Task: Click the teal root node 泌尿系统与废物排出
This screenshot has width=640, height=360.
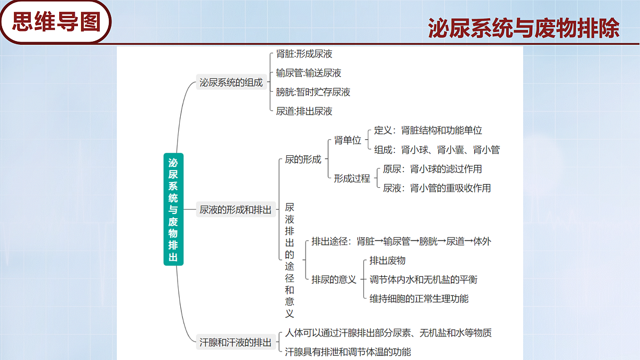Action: point(173,209)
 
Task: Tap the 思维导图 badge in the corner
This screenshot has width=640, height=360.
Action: point(55,22)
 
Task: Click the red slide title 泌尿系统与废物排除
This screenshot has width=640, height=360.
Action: point(524,28)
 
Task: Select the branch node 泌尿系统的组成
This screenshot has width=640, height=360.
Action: point(231,82)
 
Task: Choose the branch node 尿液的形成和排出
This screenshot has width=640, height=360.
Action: point(235,210)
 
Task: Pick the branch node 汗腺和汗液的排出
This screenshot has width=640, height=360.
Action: point(235,342)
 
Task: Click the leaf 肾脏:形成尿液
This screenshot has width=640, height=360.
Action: point(304,54)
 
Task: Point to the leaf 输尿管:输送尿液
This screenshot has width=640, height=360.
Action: point(309,73)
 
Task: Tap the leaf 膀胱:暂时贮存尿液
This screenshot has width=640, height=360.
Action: point(313,92)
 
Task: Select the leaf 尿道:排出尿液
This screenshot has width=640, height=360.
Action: point(304,111)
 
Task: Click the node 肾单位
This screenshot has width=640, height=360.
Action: point(348,140)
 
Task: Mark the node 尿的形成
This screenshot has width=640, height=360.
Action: point(303,159)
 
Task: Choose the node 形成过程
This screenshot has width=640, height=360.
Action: point(352,178)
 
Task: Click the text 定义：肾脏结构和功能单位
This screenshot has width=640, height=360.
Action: point(428,130)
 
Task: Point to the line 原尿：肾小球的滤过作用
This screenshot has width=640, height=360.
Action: point(433,169)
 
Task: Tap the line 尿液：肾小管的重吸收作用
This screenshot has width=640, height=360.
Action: point(437,188)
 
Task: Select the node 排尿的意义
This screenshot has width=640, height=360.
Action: point(334,279)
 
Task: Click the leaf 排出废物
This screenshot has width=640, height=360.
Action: point(387,260)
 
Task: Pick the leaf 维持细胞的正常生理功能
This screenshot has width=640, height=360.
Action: point(419,299)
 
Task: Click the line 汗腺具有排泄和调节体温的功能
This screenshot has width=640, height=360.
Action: point(348,351)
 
